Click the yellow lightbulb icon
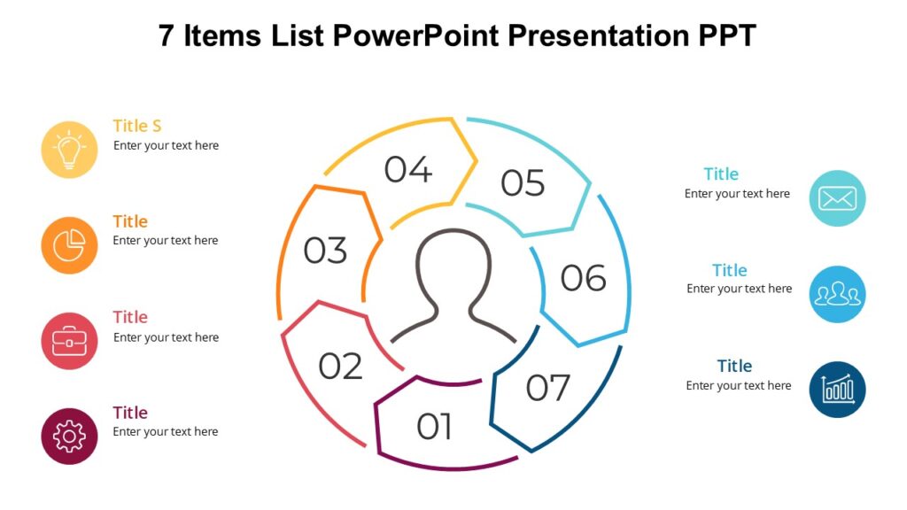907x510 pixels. (69, 150)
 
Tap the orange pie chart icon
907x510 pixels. (69, 245)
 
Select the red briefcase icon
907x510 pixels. (69, 341)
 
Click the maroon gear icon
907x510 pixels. (69, 437)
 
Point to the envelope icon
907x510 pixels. (837, 198)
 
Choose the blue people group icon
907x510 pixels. (837, 294)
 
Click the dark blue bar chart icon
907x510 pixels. (837, 389)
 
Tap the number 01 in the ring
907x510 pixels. (434, 427)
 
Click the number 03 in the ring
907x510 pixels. (325, 251)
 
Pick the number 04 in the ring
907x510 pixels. (407, 169)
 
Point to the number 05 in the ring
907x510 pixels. (523, 183)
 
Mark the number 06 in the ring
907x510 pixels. (583, 278)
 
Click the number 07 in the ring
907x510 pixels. (548, 388)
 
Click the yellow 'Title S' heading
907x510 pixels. (137, 126)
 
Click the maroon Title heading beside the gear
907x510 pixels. (130, 413)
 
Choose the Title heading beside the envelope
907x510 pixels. (721, 174)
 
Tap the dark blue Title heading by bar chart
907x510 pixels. (734, 366)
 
